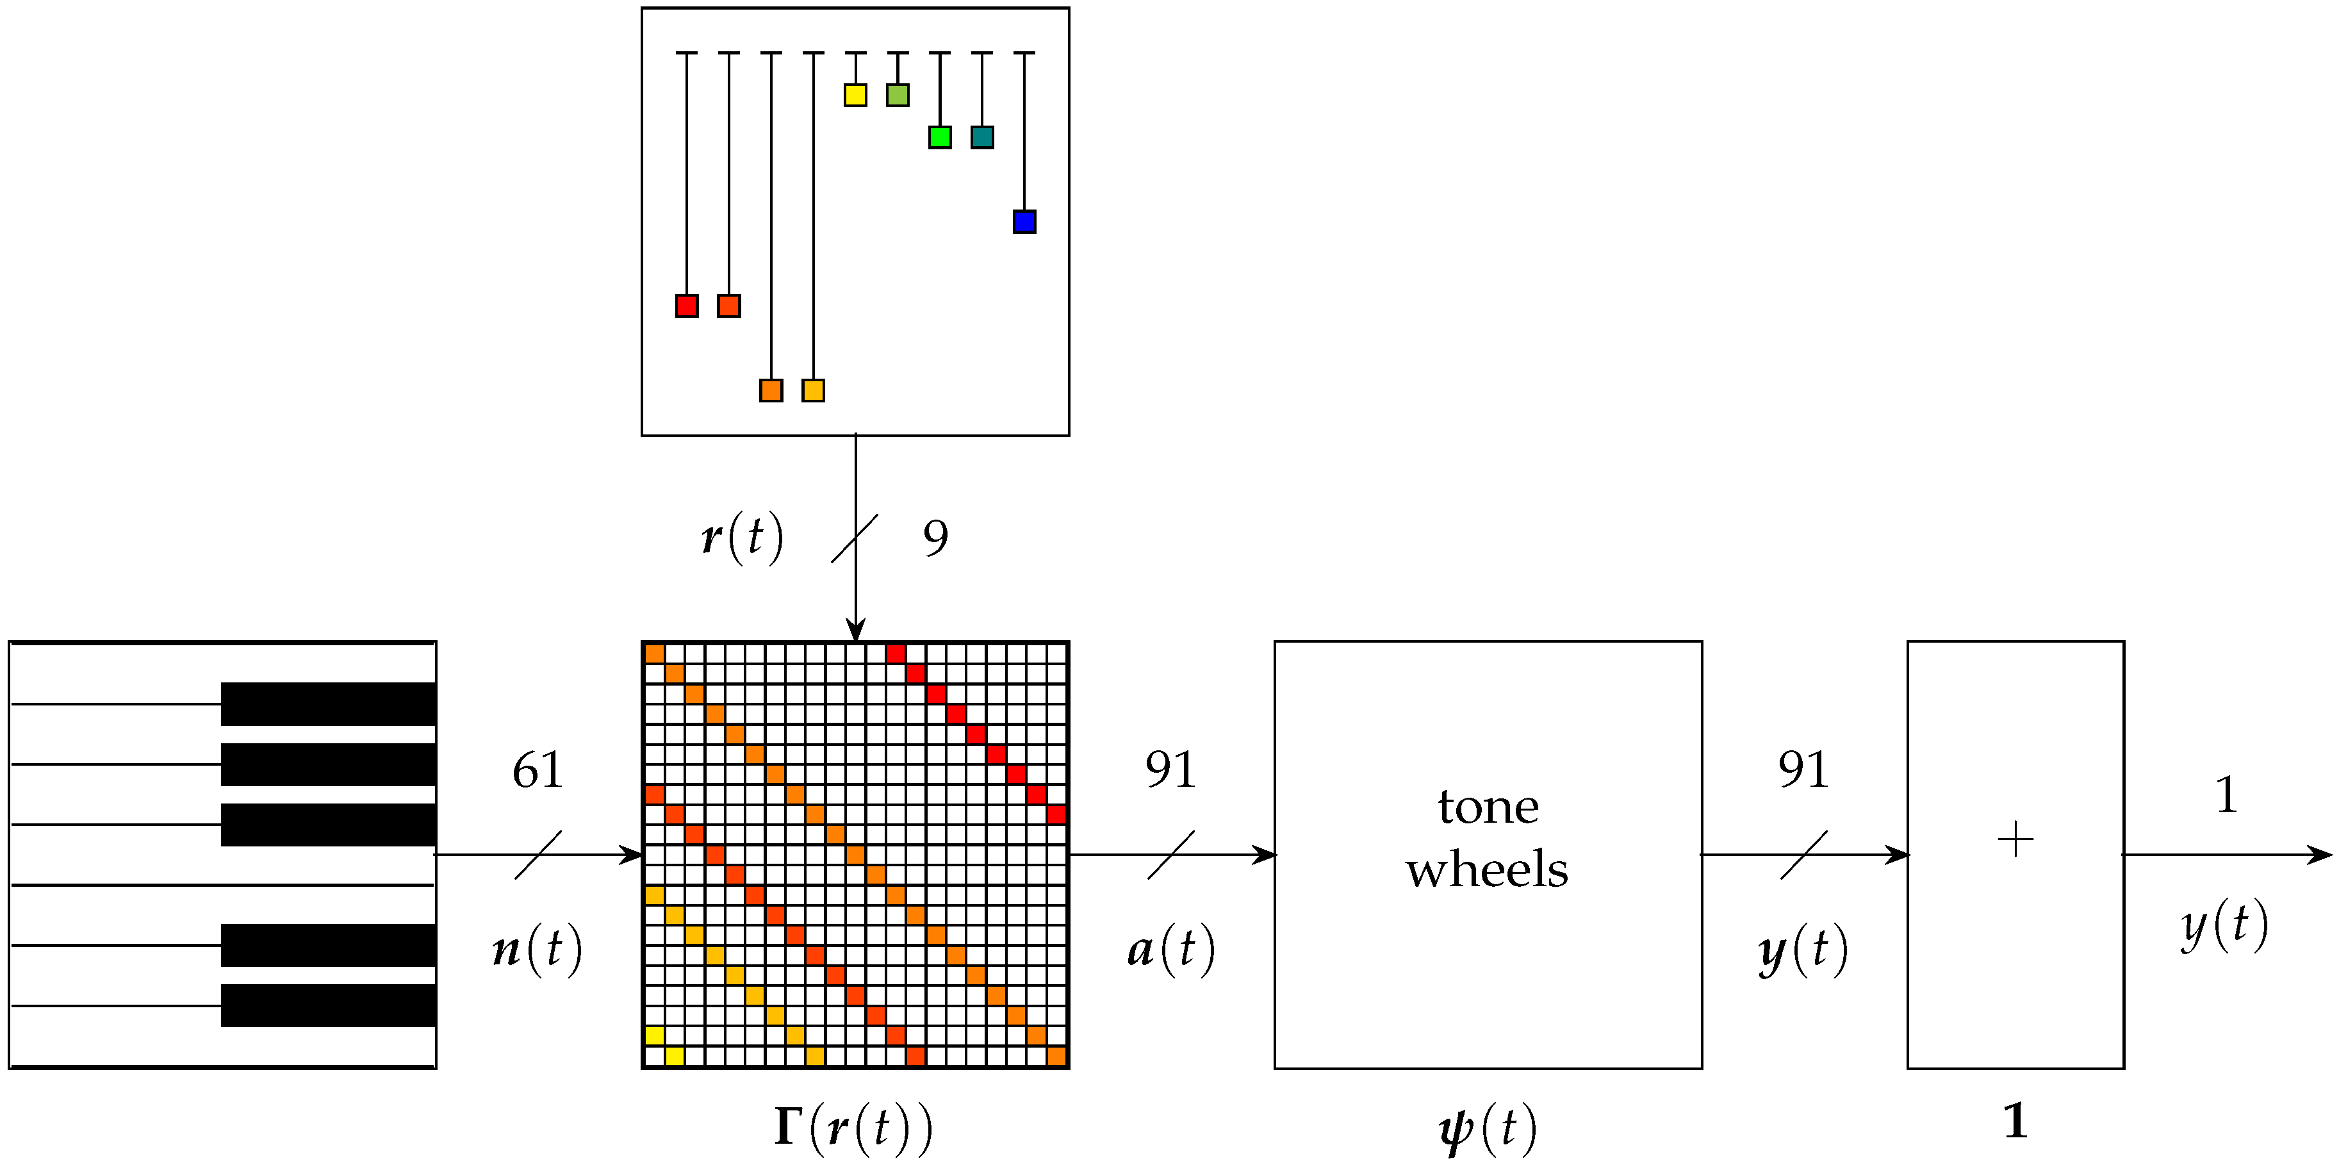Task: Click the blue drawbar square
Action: pyautogui.click(x=1024, y=222)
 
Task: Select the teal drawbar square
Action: pyautogui.click(x=981, y=137)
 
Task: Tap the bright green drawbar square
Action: pyautogui.click(x=940, y=137)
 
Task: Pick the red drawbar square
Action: pyautogui.click(x=686, y=305)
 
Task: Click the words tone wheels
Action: pyautogui.click(x=1488, y=837)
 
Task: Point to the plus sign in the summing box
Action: pyautogui.click(x=2015, y=839)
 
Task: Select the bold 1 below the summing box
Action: pyautogui.click(x=2015, y=1121)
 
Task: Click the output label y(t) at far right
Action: pyautogui.click(x=2224, y=926)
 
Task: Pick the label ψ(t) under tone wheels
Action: pyautogui.click(x=1488, y=1129)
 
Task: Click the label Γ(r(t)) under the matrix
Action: pyautogui.click(x=853, y=1128)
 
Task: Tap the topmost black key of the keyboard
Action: pyautogui.click(x=328, y=704)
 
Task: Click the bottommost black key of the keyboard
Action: pyautogui.click(x=328, y=1005)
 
